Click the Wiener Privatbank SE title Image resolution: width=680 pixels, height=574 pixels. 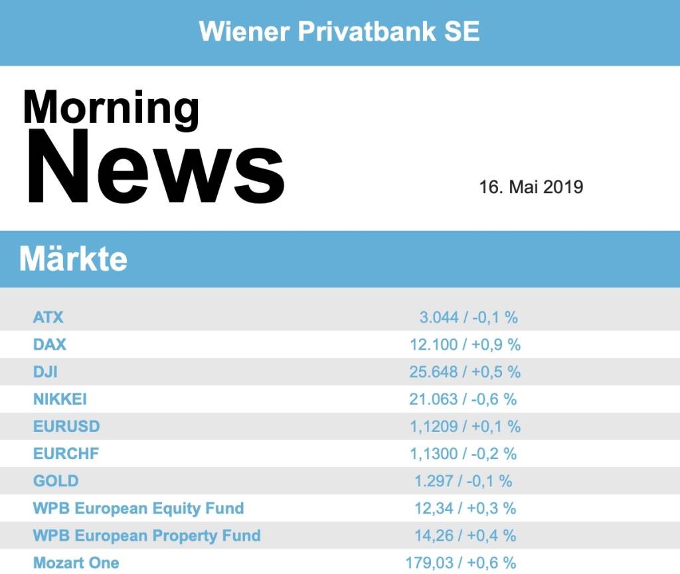[339, 31]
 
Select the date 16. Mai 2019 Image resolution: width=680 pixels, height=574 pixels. [531, 187]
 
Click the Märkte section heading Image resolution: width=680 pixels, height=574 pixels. [73, 259]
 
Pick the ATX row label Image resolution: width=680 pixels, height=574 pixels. [48, 317]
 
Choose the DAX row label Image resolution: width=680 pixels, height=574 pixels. [50, 344]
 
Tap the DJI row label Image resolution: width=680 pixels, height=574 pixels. [45, 372]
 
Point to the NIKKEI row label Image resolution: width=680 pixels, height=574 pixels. [60, 399]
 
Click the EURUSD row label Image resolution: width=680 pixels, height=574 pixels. [66, 426]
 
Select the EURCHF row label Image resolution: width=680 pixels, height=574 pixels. [66, 454]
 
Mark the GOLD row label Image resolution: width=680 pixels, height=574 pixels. [56, 481]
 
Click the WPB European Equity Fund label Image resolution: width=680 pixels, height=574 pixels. [138, 508]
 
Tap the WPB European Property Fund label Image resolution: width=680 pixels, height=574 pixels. [147, 536]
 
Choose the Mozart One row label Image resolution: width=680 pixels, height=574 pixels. [76, 563]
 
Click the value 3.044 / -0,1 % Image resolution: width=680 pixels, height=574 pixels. [468, 317]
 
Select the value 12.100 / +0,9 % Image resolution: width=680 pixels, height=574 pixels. [465, 344]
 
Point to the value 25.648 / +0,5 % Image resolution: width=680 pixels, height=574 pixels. [465, 372]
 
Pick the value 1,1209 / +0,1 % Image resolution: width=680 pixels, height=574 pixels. [465, 426]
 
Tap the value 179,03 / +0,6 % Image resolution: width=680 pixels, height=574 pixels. [461, 563]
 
